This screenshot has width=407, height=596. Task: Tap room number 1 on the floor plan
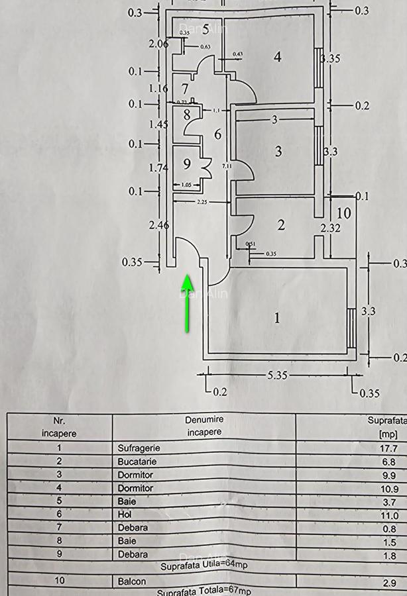(277, 319)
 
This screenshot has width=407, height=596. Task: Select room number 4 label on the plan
(278, 57)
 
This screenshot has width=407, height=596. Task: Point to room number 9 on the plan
(187, 164)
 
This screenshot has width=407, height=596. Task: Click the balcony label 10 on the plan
(344, 213)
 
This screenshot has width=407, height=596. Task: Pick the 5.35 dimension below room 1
(276, 375)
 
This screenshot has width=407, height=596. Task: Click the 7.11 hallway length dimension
(226, 166)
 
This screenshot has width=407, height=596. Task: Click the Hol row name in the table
(125, 515)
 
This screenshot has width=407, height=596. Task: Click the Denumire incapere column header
(204, 425)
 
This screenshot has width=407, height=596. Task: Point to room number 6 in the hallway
(217, 134)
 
